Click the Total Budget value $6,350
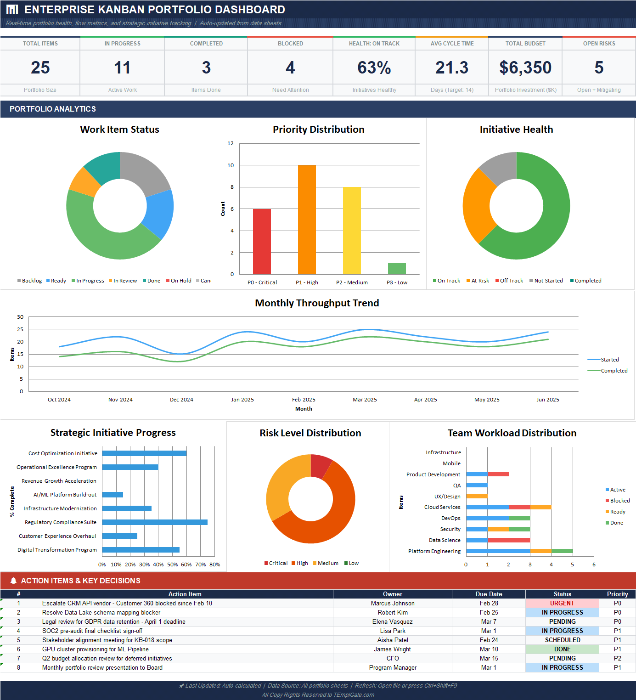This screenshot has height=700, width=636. [525, 68]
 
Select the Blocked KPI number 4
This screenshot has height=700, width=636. [290, 68]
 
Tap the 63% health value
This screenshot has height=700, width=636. [374, 68]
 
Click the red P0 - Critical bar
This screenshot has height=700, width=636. [262, 242]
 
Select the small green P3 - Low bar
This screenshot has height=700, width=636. [397, 269]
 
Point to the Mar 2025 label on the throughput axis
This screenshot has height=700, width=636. [365, 400]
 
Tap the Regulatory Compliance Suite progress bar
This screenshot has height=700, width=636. [155, 522]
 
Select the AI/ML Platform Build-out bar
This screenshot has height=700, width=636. [113, 495]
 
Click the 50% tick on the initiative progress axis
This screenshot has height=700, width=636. [172, 565]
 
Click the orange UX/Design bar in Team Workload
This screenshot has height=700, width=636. [477, 496]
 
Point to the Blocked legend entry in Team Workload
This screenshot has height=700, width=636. [619, 501]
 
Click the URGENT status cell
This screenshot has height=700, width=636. [562, 603]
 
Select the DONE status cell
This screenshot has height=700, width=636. [562, 649]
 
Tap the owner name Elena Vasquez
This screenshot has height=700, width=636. [392, 621]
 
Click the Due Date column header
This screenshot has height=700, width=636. [489, 594]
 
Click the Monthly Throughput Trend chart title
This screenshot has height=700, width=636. [317, 303]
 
